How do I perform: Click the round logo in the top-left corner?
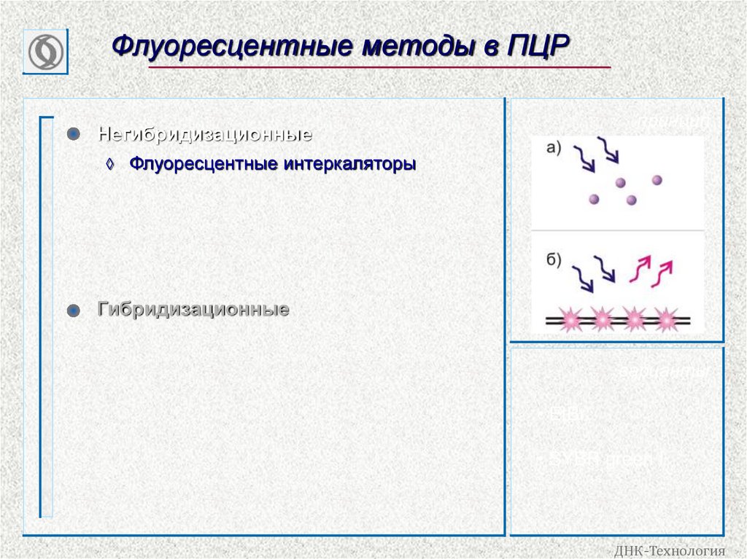pyautogui.click(x=45, y=52)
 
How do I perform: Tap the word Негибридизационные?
pyautogui.click(x=206, y=135)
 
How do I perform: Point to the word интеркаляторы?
pyautogui.click(x=349, y=165)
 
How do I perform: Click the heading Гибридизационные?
pyautogui.click(x=193, y=310)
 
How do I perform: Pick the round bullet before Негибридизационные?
pyautogui.click(x=72, y=135)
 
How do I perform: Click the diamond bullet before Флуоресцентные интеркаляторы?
pyautogui.click(x=110, y=165)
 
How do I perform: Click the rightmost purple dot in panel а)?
pyautogui.click(x=657, y=180)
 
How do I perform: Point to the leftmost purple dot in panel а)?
pyautogui.click(x=594, y=198)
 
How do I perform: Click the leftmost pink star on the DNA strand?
pyautogui.click(x=570, y=319)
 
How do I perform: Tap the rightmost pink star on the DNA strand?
pyautogui.click(x=666, y=319)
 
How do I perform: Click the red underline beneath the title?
pyautogui.click(x=379, y=68)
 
